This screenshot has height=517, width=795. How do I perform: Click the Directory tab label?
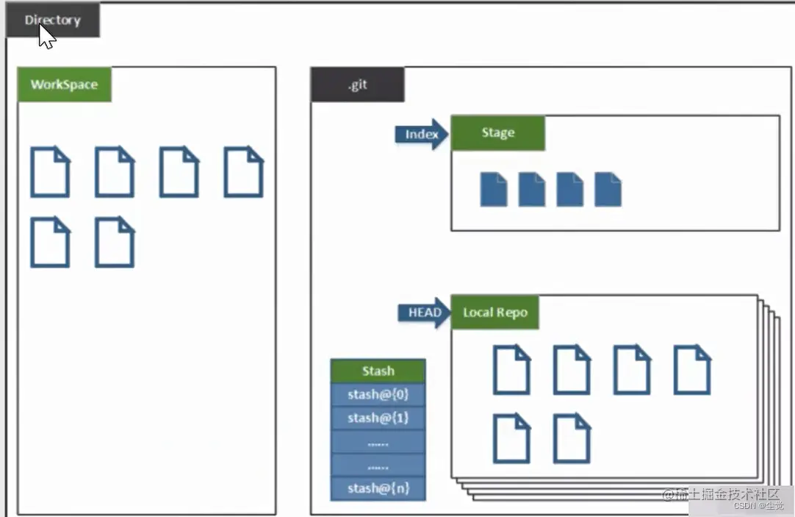click(52, 20)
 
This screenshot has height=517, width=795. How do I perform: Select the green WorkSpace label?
click(64, 85)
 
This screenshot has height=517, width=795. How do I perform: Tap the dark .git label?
click(357, 85)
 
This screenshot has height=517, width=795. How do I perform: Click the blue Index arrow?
click(422, 134)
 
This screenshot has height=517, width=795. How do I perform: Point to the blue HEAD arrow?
click(424, 313)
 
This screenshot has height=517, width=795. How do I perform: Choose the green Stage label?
click(497, 133)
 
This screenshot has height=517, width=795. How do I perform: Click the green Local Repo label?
click(494, 313)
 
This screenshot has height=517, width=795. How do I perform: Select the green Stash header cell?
click(378, 371)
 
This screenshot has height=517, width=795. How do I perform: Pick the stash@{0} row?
click(378, 395)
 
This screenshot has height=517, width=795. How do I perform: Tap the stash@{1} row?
click(378, 418)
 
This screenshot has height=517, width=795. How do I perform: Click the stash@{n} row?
click(378, 488)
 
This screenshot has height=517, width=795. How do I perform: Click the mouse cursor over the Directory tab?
click(46, 36)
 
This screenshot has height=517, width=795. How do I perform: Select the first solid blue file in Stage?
click(494, 189)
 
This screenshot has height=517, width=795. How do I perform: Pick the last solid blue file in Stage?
click(608, 189)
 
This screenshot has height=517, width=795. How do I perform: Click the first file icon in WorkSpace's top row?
click(50, 172)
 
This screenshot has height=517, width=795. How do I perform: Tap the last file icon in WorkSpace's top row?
click(243, 172)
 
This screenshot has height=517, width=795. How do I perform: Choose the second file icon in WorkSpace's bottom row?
click(115, 242)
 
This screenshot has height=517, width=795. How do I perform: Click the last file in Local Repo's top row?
click(692, 370)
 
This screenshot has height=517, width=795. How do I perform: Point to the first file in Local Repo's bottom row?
click(511, 438)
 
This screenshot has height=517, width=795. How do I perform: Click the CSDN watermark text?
click(760, 506)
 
